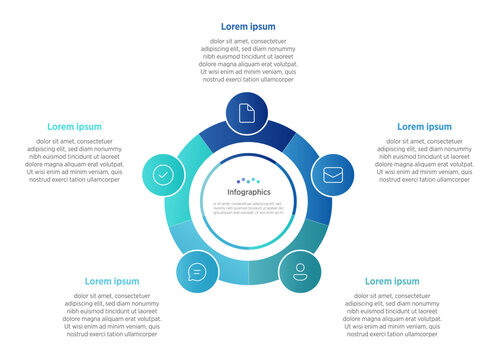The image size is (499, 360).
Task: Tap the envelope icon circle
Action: tap(333, 174)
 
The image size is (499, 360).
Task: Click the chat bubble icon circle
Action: tap(197, 271)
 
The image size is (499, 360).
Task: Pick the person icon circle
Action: tap(299, 271)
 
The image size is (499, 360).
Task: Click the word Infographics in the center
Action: tap(249, 192)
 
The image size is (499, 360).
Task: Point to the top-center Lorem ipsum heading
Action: tap(248, 26)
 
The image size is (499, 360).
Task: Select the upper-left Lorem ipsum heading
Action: tap(75, 127)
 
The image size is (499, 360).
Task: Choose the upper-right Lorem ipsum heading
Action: tap(424, 127)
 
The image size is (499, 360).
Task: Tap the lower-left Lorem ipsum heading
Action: tap(112, 281)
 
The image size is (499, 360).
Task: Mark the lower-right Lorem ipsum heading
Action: tap(392, 281)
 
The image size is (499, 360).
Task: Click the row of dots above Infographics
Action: tap(249, 180)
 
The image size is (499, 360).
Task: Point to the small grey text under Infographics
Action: tap(249, 207)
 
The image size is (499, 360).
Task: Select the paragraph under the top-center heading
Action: tap(248, 60)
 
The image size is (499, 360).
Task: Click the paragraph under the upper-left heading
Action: tap(75, 160)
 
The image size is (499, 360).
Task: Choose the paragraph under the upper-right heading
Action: tap(424, 160)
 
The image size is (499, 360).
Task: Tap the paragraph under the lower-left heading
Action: tap(112, 315)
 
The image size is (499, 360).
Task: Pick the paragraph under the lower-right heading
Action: tap(392, 315)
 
